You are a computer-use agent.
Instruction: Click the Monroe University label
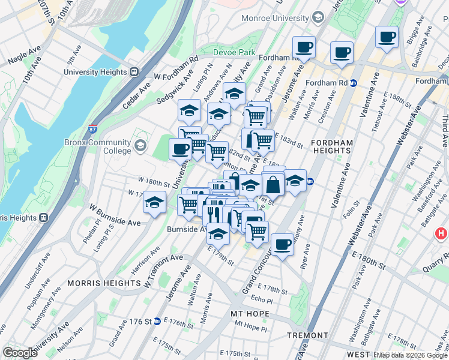pyautogui.click(x=275, y=19)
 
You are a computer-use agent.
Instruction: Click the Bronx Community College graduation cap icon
pyautogui.click(x=140, y=145)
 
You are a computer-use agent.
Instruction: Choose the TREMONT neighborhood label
pyautogui.click(x=307, y=335)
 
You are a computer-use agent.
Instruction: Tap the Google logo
pyautogui.click(x=20, y=352)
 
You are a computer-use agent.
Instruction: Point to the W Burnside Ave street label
pyautogui.click(x=115, y=214)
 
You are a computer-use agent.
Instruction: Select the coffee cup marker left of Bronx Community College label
pyautogui.click(x=180, y=149)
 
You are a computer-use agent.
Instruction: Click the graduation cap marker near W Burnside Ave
pyautogui.click(x=154, y=202)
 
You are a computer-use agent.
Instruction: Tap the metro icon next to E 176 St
pyautogui.click(x=157, y=322)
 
